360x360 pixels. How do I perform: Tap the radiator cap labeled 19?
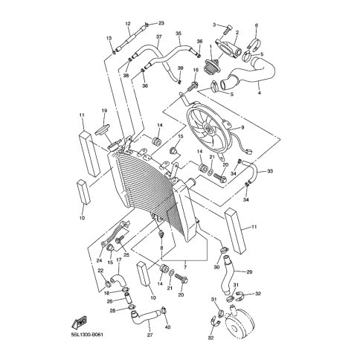(x=102, y=129)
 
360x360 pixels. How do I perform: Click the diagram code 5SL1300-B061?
(x=85, y=335)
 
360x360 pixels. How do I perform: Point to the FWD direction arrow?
(x=79, y=322)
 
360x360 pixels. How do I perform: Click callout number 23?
(x=161, y=23)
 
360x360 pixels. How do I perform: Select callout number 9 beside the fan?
(x=242, y=127)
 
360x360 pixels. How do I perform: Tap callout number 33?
(x=270, y=171)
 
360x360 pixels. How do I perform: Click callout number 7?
(x=185, y=267)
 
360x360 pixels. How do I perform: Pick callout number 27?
(x=150, y=335)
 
